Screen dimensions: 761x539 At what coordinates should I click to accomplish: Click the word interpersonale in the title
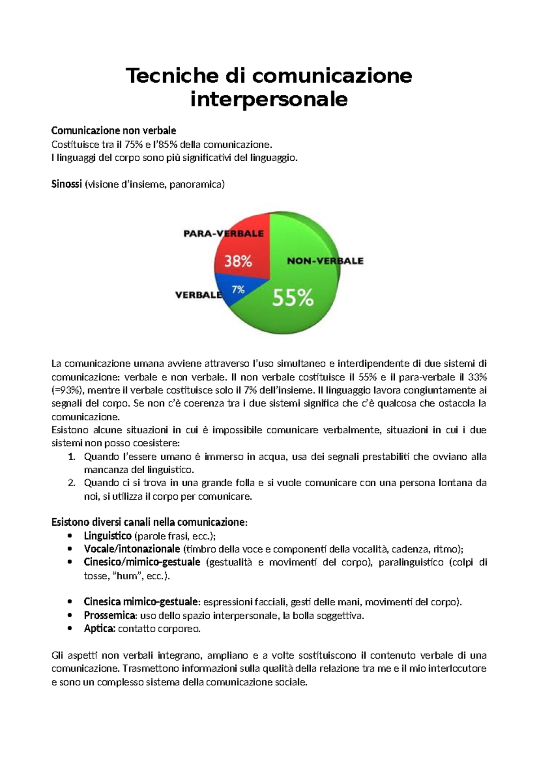point(269,99)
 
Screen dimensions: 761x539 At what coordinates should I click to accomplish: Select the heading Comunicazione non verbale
point(114,131)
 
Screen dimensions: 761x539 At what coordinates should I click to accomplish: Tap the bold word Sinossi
point(66,184)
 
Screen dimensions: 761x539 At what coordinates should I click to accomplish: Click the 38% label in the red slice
point(238,261)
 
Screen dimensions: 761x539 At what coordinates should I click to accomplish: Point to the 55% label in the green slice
point(293,297)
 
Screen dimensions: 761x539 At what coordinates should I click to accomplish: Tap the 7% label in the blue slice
point(238,290)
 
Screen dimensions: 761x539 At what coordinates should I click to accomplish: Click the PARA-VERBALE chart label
point(223,233)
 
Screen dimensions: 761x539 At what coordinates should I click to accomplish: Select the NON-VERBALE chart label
point(325,261)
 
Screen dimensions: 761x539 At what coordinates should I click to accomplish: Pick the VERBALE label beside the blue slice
point(198,295)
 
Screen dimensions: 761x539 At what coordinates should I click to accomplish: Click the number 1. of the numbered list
point(71,457)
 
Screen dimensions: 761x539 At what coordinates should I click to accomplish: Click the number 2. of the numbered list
point(71,483)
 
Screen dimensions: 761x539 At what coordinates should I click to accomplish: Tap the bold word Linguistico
point(107,536)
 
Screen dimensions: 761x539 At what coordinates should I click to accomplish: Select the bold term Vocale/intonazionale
point(132,549)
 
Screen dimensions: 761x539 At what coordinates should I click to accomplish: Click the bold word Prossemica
point(110,616)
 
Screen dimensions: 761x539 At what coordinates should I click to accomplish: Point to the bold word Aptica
point(100,629)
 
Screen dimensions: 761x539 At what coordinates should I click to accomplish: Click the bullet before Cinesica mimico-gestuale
point(70,602)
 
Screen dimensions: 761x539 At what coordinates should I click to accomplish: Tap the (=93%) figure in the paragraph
point(67,390)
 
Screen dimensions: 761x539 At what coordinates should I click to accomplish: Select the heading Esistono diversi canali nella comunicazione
point(149,523)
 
